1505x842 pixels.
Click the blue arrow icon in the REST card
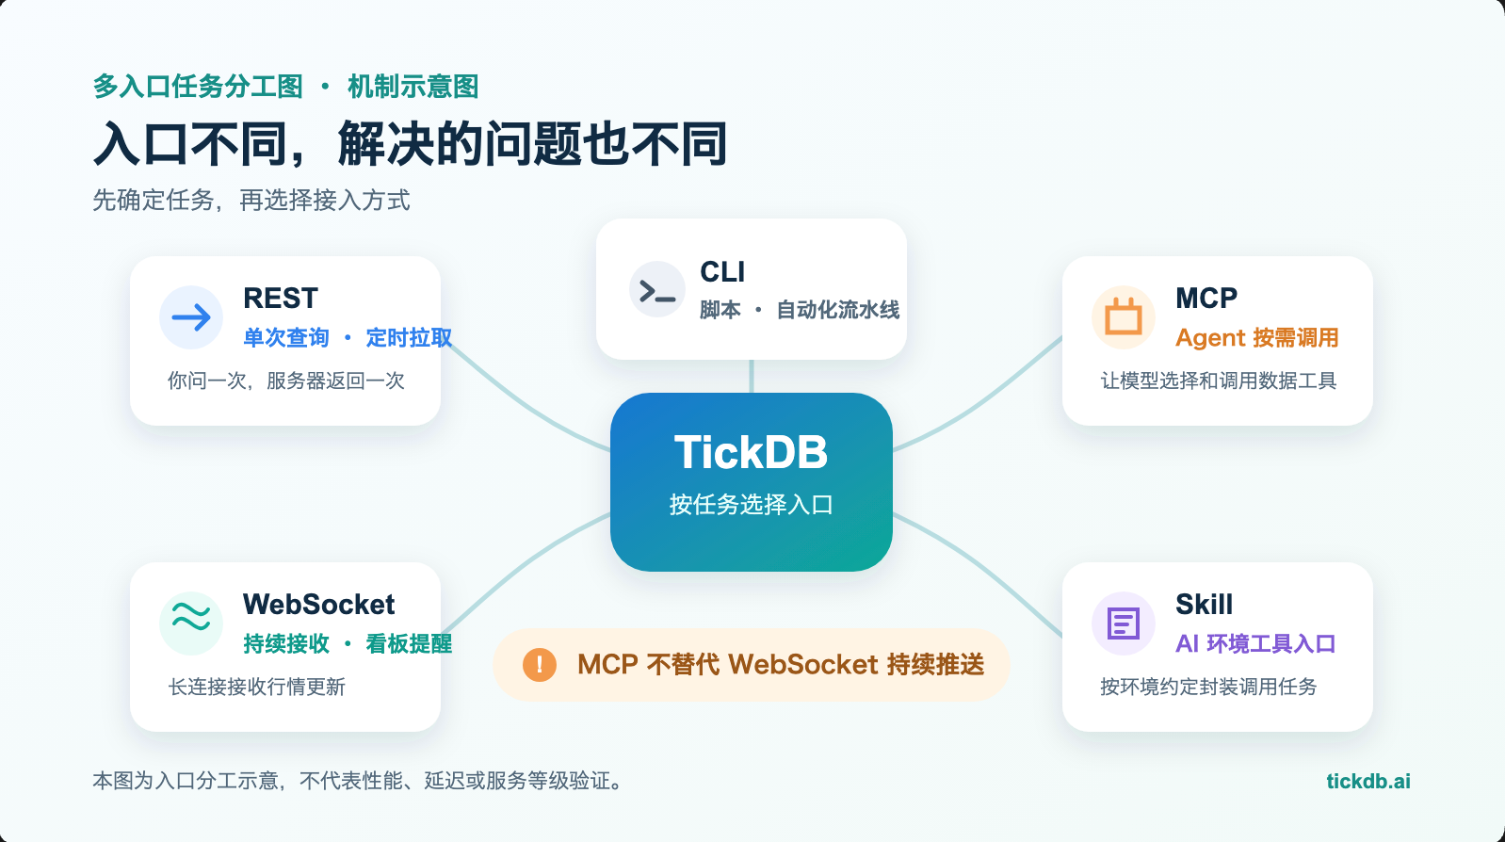[x=191, y=317]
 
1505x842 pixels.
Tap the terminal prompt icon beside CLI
[x=657, y=290]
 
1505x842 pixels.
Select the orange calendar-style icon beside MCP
[x=1124, y=316]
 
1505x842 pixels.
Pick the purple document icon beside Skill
[x=1124, y=623]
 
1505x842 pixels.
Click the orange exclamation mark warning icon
[x=540, y=665]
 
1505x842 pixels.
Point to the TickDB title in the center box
[x=752, y=451]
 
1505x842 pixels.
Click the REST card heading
[x=280, y=298]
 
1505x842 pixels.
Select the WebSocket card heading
[x=318, y=604]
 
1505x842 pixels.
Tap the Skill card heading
[x=1204, y=604]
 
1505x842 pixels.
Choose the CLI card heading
[x=722, y=272]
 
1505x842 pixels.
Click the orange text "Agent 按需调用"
[x=1257, y=337]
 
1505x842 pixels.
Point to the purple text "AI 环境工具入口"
[x=1255, y=644]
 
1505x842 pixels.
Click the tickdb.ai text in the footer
[x=1367, y=781]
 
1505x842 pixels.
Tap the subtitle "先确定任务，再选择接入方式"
[x=251, y=201]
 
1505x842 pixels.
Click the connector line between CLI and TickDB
[x=752, y=377]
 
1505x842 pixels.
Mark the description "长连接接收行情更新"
[x=257, y=687]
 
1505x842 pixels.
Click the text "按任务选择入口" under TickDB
[x=752, y=504]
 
